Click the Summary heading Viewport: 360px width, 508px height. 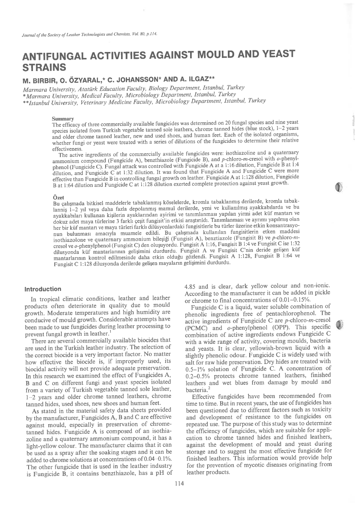63,119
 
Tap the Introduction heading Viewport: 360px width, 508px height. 43,289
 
